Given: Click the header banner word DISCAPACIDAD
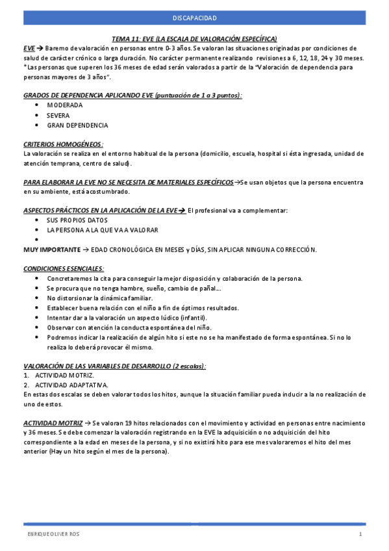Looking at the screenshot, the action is coord(194,18).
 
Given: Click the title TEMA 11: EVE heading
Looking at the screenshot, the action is coord(194,38).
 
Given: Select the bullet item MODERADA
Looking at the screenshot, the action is coord(64,105).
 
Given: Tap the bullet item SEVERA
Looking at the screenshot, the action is coord(58,115).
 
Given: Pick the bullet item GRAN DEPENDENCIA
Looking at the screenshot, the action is coord(77,125).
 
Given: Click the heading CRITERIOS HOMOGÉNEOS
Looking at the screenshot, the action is coord(63,144).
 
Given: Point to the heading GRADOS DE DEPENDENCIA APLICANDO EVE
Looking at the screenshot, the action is coord(132,95).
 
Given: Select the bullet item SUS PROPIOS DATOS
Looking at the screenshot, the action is coord(77,220).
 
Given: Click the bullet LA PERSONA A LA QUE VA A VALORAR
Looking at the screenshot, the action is coord(102,230).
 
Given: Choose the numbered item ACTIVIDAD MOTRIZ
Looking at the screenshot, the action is coord(64,376).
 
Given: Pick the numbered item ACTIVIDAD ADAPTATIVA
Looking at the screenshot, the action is coord(70,385).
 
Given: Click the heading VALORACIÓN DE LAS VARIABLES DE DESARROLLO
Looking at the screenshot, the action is coord(114,366).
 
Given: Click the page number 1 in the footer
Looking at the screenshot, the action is coord(360,534).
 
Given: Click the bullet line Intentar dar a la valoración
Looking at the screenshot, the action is coord(127,318).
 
